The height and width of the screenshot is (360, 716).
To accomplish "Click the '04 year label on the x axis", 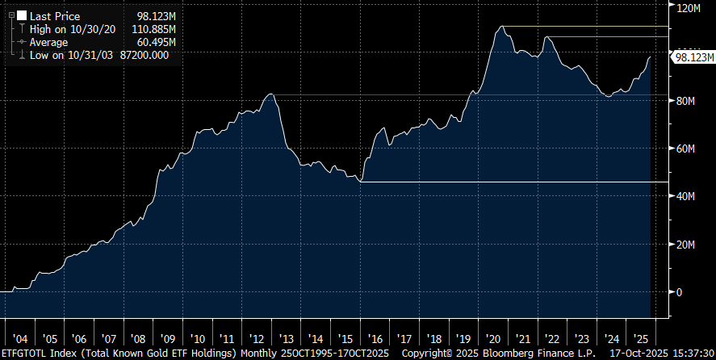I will [x=19, y=340].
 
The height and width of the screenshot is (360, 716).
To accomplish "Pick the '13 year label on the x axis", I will [x=286, y=340].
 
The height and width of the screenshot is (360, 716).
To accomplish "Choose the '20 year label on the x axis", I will [x=492, y=340].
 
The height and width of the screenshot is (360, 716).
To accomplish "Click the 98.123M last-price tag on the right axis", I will [x=693, y=58].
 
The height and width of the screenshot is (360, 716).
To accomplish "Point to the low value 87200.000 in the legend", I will [x=146, y=55].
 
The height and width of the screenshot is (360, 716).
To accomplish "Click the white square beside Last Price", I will [x=21, y=15].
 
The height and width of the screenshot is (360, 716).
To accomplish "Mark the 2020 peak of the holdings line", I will [x=502, y=27].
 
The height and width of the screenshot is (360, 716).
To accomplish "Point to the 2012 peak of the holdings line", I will [x=271, y=94].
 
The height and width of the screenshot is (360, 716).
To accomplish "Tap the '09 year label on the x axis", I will [x=167, y=340].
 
